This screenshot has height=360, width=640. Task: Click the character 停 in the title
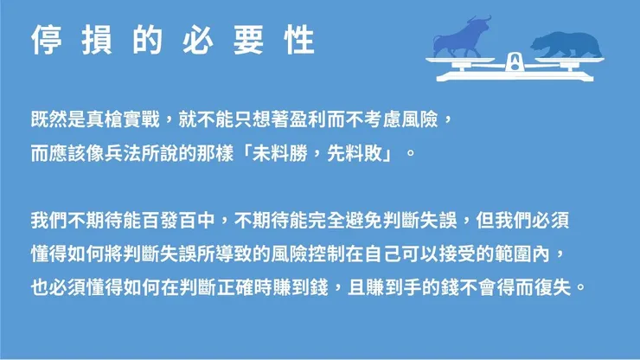point(45,39)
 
